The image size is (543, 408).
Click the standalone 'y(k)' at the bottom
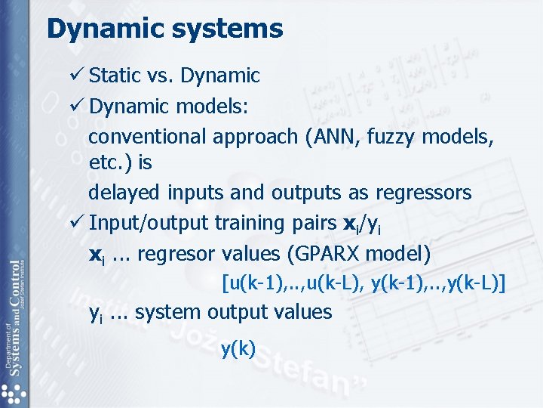238,348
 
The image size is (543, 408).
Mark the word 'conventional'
147,137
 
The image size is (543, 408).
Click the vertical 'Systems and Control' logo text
14,317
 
